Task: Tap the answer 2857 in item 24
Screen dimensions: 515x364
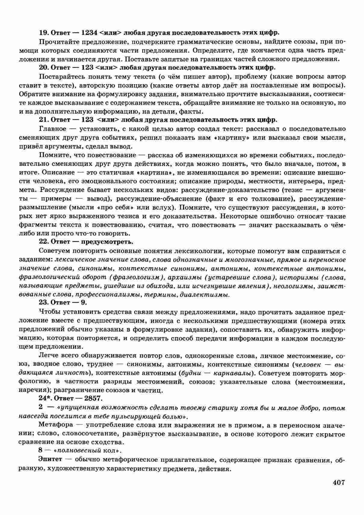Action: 94,399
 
